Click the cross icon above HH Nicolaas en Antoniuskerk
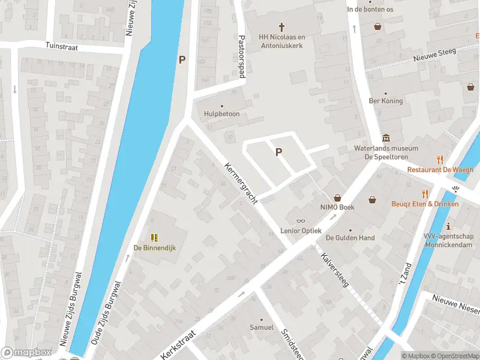[281, 26]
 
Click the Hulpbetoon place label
[222, 113]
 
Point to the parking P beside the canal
[182, 59]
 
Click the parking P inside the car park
[278, 152]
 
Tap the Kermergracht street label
[241, 184]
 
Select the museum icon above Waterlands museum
[385, 139]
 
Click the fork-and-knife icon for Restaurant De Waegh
[440, 160]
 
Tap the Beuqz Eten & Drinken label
[425, 204]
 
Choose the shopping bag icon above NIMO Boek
[337, 197]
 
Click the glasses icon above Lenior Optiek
[301, 221]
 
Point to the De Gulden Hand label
[350, 238]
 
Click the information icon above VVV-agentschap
[449, 226]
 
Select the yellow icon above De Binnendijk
[154, 238]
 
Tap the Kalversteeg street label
[335, 270]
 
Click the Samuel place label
[262, 328]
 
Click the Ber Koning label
[386, 101]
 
